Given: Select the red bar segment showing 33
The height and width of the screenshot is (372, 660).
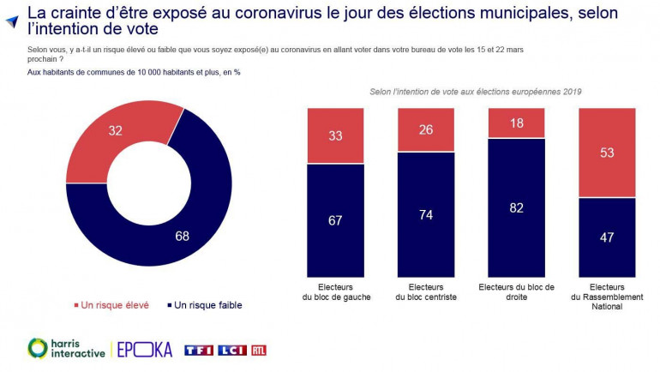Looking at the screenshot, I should (335, 135).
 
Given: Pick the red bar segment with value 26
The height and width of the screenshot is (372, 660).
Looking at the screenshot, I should (426, 129).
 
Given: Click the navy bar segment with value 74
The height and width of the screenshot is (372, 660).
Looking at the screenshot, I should (426, 213).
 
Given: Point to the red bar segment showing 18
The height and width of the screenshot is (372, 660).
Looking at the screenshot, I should (517, 123).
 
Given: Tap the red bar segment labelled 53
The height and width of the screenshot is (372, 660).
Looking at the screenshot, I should (608, 153).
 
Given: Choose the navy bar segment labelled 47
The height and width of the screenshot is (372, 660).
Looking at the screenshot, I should (608, 237).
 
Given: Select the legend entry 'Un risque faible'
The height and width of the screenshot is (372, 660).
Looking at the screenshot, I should (205, 305).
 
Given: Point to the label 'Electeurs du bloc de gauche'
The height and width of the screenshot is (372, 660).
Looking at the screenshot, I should (335, 291).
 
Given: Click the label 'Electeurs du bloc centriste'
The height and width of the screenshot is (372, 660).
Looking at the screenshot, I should (426, 291).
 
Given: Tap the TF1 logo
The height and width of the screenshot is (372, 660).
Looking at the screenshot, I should (198, 349).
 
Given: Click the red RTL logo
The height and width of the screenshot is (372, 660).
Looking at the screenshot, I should (259, 349).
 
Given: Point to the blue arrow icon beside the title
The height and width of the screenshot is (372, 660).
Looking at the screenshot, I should (11, 21).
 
